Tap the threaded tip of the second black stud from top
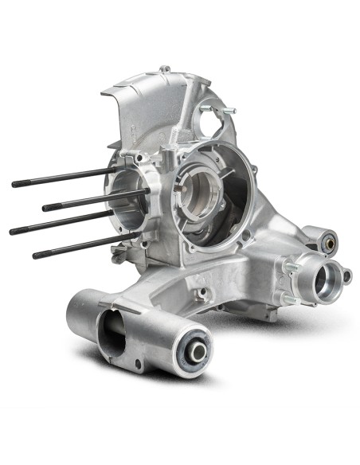pyautogui.click(x=46, y=208)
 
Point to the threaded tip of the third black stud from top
pyautogui.click(x=14, y=231)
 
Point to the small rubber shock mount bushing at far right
pyautogui.click(x=327, y=236)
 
